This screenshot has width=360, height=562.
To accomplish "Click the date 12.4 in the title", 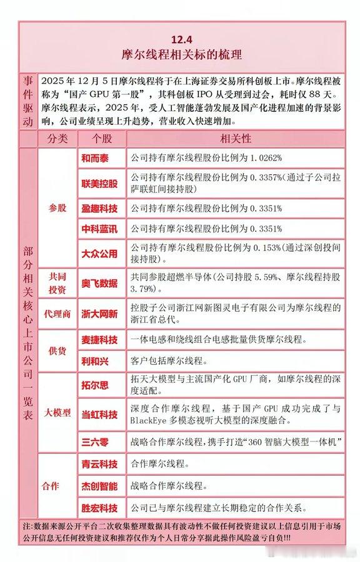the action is (180, 37).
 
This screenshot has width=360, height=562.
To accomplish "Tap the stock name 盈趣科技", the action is (99, 209).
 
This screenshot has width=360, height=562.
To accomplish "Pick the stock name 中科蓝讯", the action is (99, 229).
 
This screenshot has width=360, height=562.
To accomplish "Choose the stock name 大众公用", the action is (99, 254).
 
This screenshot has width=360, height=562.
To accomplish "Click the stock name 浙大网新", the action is (99, 314).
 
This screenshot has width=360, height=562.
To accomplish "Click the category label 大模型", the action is (57, 413).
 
